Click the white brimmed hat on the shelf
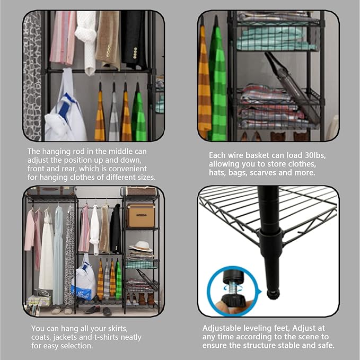[141, 246]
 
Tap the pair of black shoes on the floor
[91, 309]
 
